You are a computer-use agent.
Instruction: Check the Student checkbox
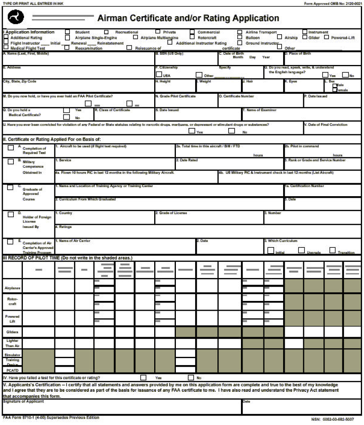[x=67, y=32]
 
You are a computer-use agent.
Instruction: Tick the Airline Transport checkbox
[x=239, y=32]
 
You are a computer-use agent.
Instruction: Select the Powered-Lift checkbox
[x=326, y=37]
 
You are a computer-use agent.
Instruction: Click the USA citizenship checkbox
[x=159, y=74]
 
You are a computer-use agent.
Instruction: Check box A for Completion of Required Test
[x=11, y=148]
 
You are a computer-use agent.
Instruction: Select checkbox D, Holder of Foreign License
[x=11, y=215]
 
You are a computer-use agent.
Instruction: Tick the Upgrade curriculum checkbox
[x=301, y=250]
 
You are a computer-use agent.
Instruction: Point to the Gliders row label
[x=12, y=332]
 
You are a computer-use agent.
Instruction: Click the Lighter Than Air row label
[x=12, y=343]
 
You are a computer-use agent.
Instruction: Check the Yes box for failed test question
[x=143, y=377]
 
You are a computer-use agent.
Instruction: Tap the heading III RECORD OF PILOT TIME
[x=67, y=258]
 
